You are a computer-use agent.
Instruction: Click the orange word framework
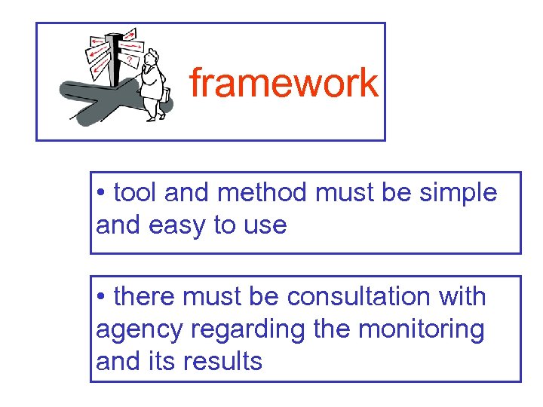(283, 83)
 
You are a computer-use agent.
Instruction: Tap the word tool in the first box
(134, 193)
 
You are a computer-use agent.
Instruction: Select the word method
(262, 193)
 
